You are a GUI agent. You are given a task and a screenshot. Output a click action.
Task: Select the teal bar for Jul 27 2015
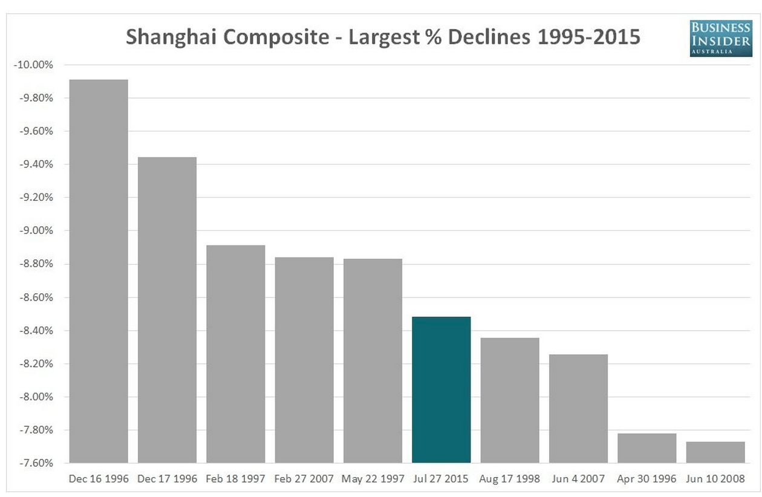pos(441,389)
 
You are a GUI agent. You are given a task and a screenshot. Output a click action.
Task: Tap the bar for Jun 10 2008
pos(715,452)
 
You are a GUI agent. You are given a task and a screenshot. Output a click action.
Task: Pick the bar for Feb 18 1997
pos(236,354)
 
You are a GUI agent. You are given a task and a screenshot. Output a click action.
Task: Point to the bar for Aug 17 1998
pos(510,400)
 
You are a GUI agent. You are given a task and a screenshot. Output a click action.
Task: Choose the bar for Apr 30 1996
pos(647,448)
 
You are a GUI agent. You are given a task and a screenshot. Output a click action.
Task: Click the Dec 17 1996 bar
pos(167,310)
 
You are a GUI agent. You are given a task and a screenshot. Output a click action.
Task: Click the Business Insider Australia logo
pos(721,37)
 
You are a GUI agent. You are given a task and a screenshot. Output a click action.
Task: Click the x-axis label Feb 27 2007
pos(304,479)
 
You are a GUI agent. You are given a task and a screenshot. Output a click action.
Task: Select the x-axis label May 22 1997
pos(373,479)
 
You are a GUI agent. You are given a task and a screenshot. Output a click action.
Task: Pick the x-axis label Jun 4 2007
pos(578,479)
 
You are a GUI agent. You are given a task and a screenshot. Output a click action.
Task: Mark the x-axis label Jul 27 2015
pos(441,479)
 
